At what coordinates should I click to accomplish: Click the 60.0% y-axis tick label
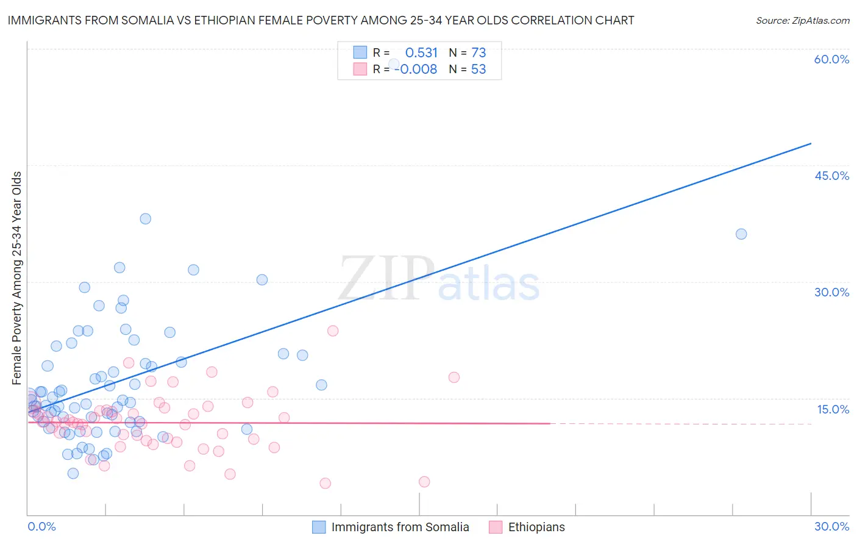click(x=831, y=59)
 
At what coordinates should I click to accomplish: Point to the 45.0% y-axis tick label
click(x=831, y=176)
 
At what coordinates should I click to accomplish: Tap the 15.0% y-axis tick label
click(x=833, y=409)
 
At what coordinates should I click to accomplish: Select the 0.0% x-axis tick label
click(x=41, y=526)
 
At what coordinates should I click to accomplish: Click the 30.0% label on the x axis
click(x=831, y=526)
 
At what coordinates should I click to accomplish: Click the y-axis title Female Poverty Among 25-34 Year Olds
click(x=17, y=278)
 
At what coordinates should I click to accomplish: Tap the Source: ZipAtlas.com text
click(x=802, y=21)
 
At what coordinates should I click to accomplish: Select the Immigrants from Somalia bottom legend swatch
click(x=319, y=527)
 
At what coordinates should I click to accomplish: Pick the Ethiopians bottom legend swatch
click(x=496, y=527)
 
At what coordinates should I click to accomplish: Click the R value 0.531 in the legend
click(x=421, y=53)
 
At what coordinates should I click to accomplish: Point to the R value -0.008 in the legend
click(x=416, y=70)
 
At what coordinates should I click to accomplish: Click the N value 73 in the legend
click(x=478, y=53)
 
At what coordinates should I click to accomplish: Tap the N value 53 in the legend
click(x=478, y=70)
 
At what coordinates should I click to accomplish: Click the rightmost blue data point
click(x=741, y=234)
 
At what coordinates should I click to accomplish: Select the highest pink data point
click(x=333, y=331)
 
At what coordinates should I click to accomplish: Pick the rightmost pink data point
click(x=454, y=378)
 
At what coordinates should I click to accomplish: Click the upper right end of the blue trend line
click(x=811, y=143)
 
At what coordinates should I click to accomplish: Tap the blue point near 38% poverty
click(x=145, y=219)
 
